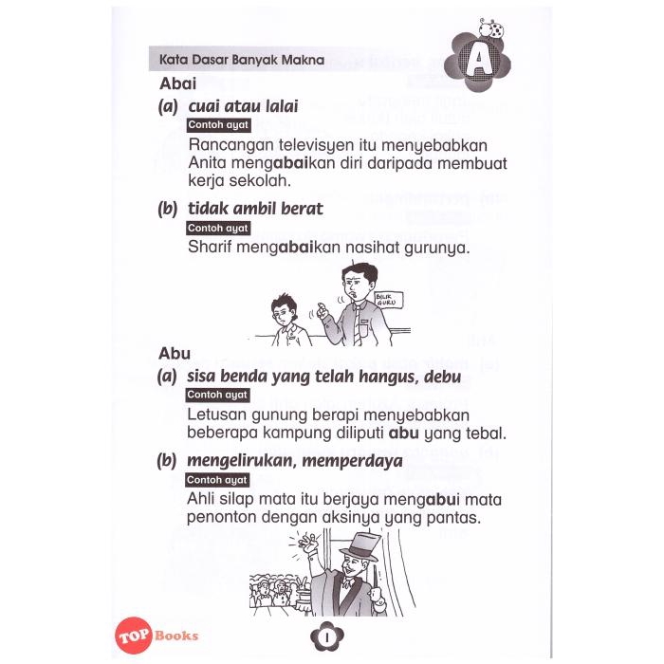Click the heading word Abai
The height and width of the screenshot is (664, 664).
(178, 83)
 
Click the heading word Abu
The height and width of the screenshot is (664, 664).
(175, 354)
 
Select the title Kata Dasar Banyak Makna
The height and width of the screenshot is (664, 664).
(242, 60)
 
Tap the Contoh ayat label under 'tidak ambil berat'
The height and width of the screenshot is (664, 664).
(217, 228)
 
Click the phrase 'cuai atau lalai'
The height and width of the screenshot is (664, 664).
(243, 106)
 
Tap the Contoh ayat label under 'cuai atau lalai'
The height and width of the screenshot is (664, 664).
(217, 125)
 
